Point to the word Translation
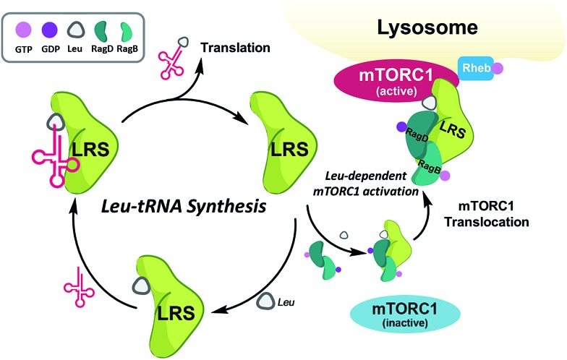click(x=236, y=49)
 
